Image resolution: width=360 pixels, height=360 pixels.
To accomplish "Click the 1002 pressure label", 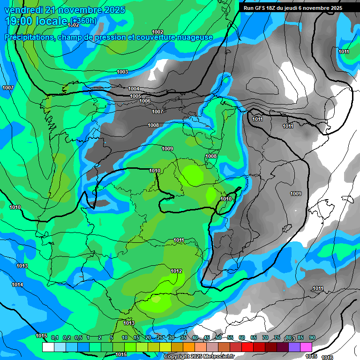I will (157, 32).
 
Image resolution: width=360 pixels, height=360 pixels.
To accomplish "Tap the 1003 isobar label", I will (122, 72).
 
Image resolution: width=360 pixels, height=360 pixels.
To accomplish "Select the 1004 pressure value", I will (134, 89).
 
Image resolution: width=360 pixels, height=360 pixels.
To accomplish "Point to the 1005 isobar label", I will (135, 96).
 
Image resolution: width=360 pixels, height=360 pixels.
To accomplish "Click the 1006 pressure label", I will (145, 101).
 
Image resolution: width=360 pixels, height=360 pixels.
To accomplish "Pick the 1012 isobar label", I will (176, 271).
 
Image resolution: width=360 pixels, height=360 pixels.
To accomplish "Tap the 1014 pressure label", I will (18, 285).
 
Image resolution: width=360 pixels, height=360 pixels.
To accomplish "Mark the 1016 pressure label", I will (328, 357).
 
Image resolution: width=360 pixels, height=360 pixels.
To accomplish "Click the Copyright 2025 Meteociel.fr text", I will (199, 357).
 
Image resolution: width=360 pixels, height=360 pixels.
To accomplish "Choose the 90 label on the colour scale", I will (312, 337).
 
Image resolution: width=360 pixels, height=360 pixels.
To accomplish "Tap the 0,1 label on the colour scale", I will (55, 337).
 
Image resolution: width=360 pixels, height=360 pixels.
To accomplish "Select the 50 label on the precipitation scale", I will (218, 337).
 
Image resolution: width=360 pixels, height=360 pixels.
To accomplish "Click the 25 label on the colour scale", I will (160, 337).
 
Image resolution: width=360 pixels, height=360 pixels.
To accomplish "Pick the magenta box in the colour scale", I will (306, 347).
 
